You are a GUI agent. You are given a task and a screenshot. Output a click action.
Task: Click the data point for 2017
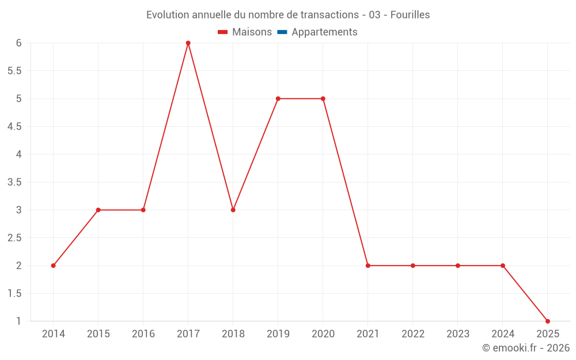pyautogui.click(x=188, y=43)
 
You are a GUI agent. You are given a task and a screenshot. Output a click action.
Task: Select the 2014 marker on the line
pyautogui.click(x=53, y=266)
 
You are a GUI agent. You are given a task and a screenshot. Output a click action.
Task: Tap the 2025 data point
pyautogui.click(x=547, y=321)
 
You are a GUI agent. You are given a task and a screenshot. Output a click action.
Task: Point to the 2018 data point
pyautogui.click(x=233, y=210)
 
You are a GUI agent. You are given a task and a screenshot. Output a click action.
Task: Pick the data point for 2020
pyautogui.click(x=323, y=98)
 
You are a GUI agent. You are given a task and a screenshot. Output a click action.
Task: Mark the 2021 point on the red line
pyautogui.click(x=367, y=266)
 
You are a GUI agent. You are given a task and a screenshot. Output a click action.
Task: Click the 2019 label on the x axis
pyautogui.click(x=278, y=334)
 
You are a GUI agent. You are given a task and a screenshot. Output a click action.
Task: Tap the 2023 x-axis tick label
pyautogui.click(x=457, y=334)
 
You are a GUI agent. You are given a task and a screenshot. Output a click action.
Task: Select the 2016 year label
pyautogui.click(x=143, y=334)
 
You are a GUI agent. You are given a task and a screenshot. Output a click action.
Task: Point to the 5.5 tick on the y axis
pyautogui.click(x=14, y=71)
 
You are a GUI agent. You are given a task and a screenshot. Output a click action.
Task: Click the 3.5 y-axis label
pyautogui.click(x=14, y=182)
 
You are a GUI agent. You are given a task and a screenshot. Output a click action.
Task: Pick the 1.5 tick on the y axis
pyautogui.click(x=14, y=293)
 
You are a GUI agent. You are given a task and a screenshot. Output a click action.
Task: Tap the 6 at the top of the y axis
pyautogui.click(x=19, y=43)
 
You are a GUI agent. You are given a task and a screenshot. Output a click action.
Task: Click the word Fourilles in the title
pyautogui.click(x=410, y=15)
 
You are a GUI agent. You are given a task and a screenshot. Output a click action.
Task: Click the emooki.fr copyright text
pyautogui.click(x=526, y=348)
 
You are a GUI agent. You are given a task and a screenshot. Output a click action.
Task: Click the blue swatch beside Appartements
pyautogui.click(x=282, y=32)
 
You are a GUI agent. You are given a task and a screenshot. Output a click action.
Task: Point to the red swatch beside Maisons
pyautogui.click(x=223, y=32)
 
